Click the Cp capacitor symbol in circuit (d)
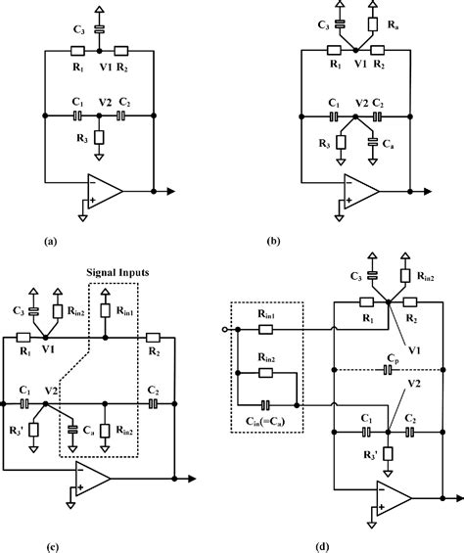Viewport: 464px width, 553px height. pos(390,370)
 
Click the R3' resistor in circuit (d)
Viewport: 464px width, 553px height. pos(388,454)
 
